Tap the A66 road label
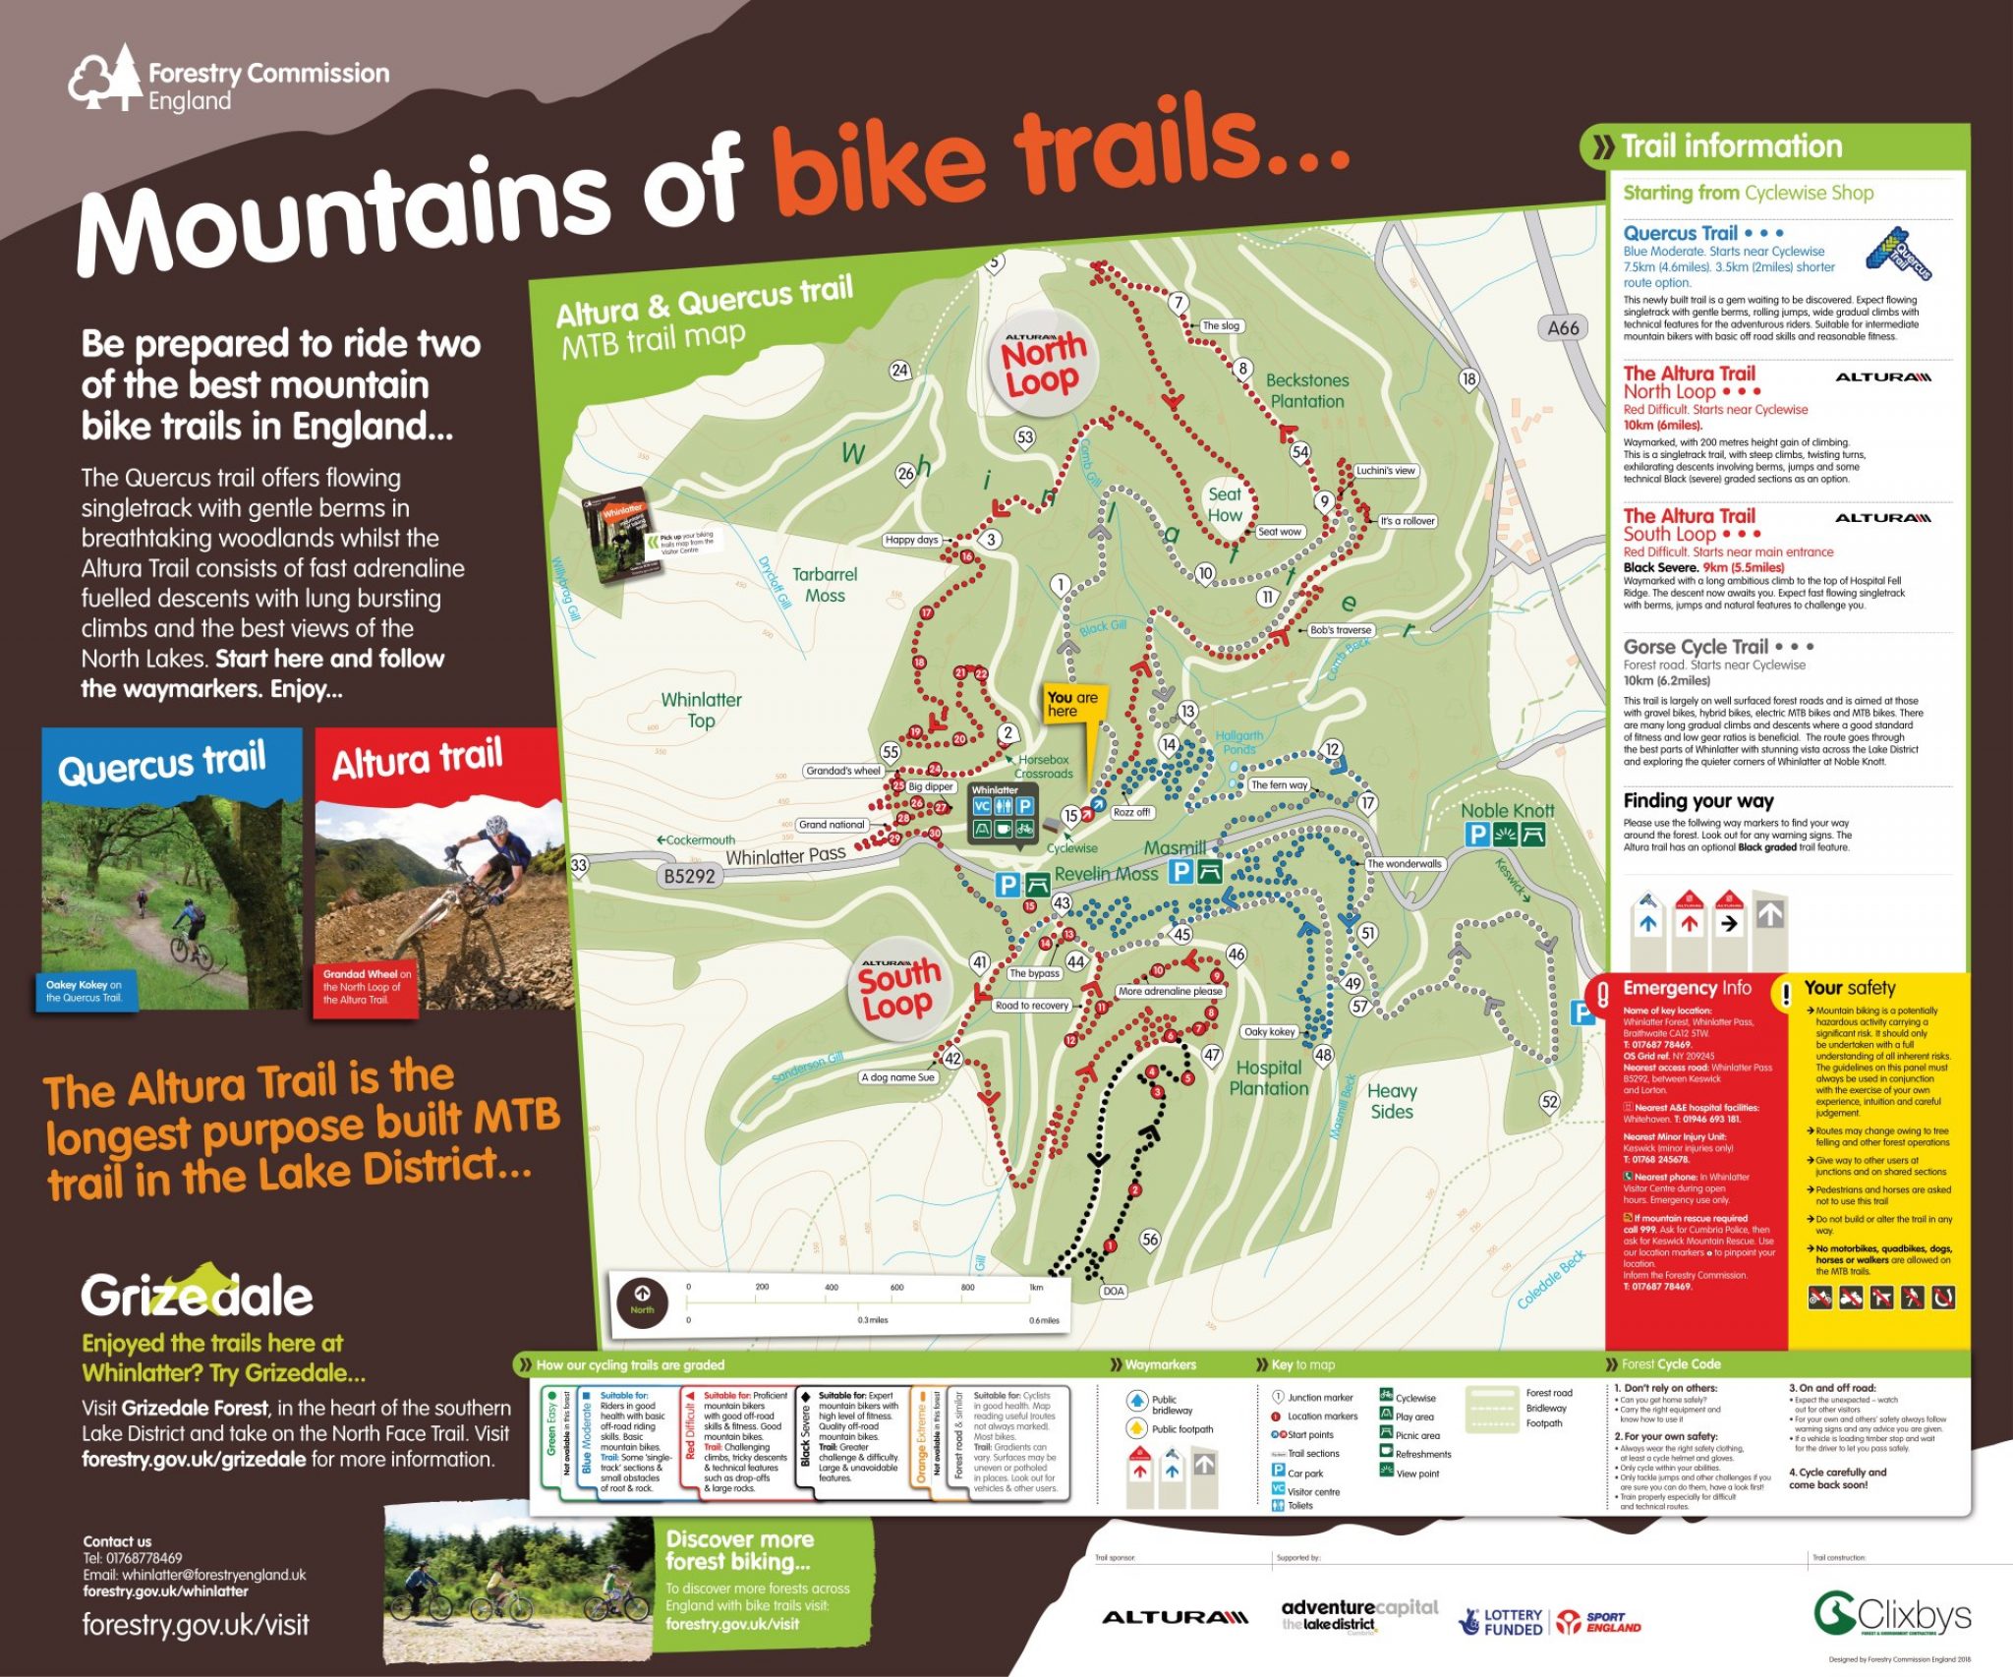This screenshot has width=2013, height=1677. [1563, 328]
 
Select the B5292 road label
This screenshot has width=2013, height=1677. [689, 876]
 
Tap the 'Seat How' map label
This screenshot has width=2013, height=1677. [1225, 504]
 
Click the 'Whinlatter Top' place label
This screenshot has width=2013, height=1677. [701, 710]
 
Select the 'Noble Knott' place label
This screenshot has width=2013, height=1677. [1507, 811]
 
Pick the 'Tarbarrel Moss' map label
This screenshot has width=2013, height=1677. [825, 585]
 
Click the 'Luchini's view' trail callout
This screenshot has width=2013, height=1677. [1385, 471]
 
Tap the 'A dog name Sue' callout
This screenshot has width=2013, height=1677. [897, 1077]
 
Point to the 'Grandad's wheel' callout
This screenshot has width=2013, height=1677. [842, 771]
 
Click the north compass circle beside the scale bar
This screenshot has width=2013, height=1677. [642, 1303]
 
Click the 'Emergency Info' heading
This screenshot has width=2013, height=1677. [1687, 988]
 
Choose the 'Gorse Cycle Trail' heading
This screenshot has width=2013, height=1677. [1696, 647]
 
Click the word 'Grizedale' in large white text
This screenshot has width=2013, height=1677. [197, 1296]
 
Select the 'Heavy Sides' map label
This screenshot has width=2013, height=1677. [1392, 1101]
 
